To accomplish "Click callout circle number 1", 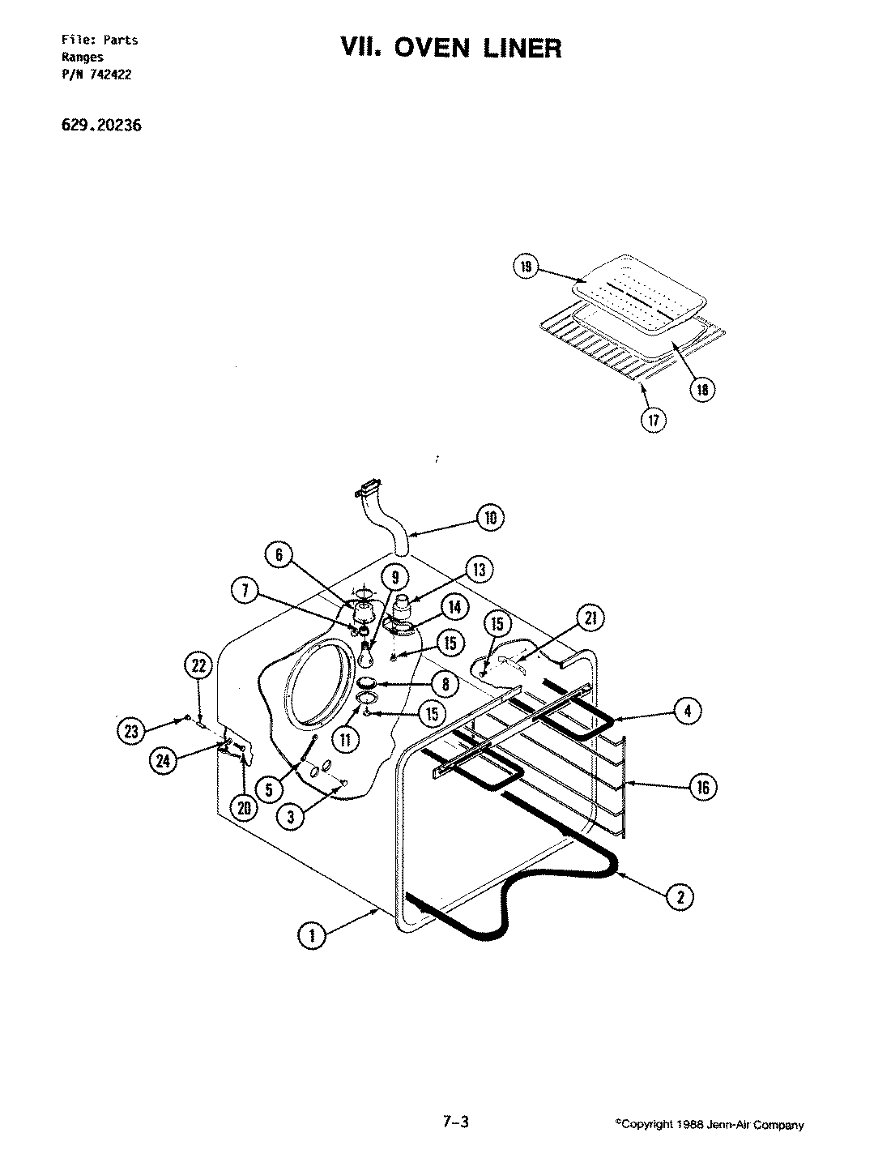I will point(310,935).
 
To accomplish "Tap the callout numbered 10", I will point(490,518).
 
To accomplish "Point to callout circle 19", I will point(525,267).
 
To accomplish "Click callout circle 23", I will point(130,731).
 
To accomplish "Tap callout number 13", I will point(479,571).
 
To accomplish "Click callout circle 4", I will point(687,711).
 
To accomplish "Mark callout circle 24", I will point(164,759).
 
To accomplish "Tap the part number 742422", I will point(112,75).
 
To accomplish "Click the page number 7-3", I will point(455,1122).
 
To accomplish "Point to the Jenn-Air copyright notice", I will point(710,1125).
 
